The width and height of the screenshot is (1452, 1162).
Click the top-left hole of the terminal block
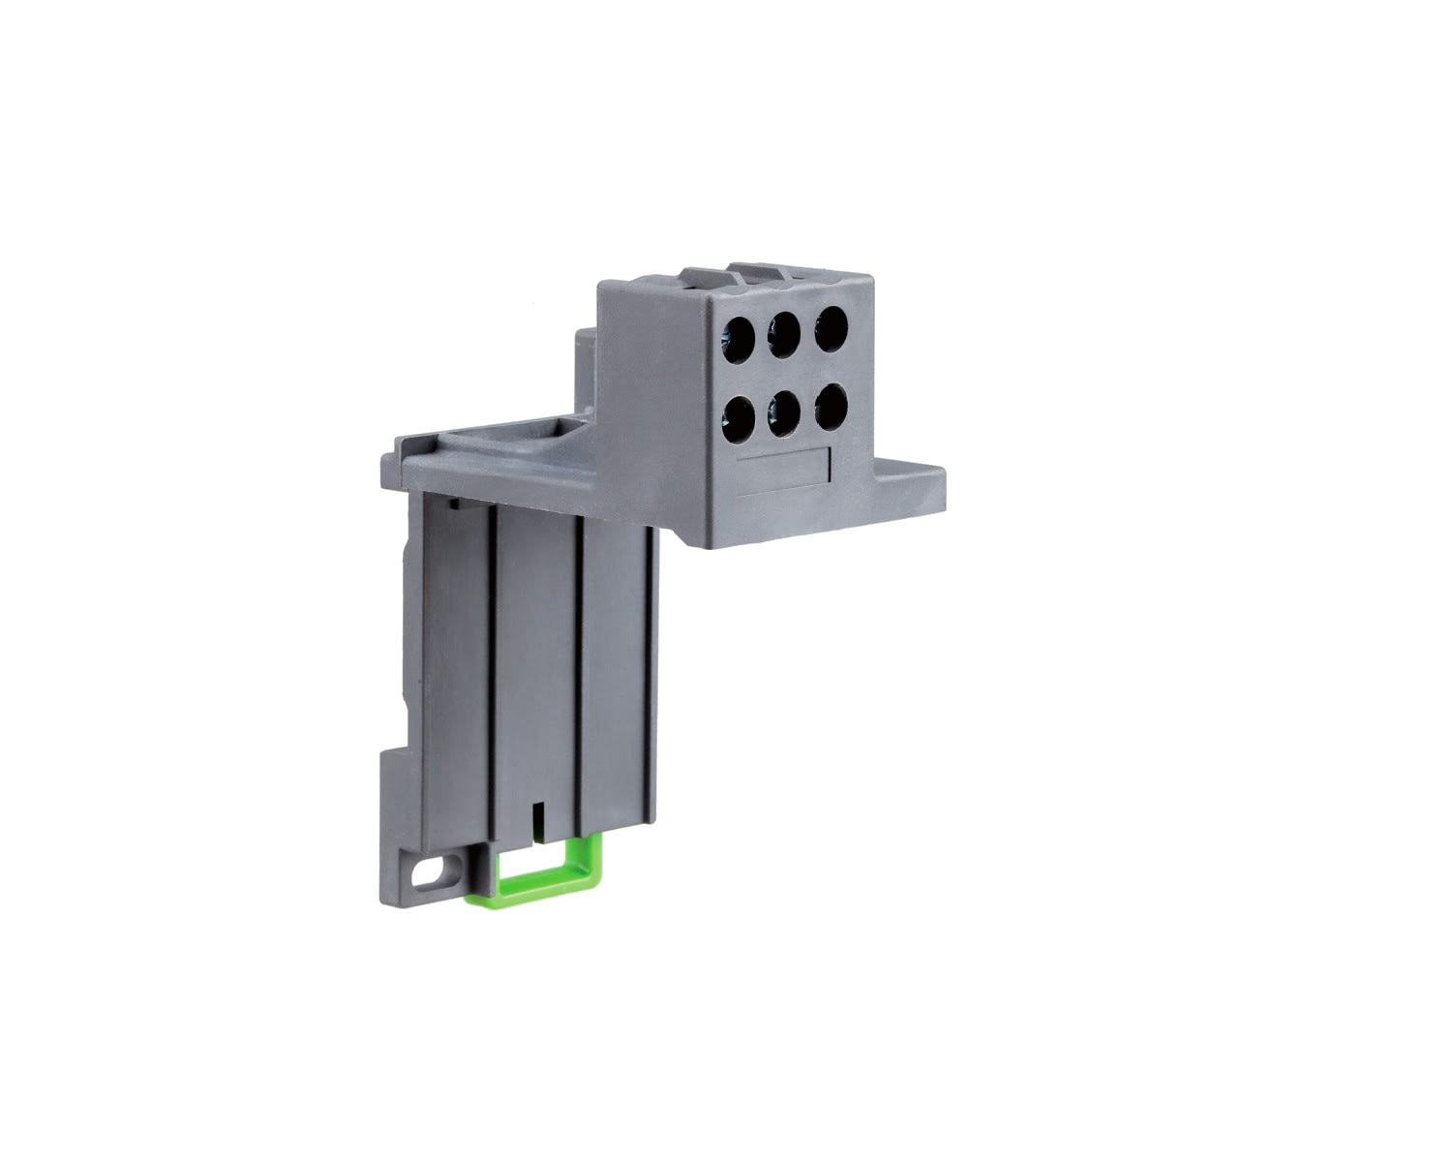[740, 335]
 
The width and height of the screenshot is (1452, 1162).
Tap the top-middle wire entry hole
[784, 333]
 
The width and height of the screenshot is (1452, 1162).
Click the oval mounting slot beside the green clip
[426, 871]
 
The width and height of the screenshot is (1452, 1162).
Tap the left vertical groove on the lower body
[492, 668]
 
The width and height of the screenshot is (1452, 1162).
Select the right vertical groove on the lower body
[578, 668]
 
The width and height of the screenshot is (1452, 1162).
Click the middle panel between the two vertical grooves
[534, 668]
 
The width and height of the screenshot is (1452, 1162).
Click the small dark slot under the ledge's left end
[455, 504]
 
